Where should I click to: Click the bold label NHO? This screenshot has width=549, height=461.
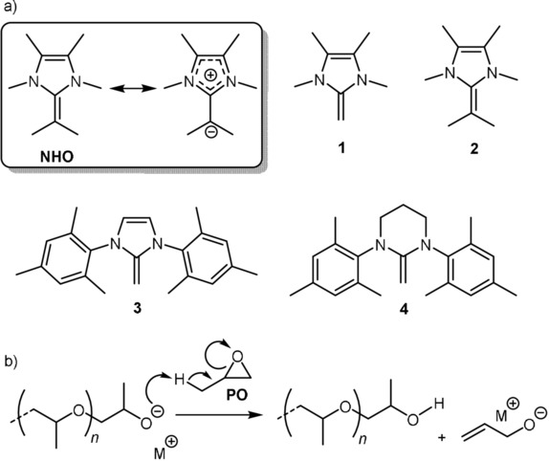pyautogui.click(x=57, y=157)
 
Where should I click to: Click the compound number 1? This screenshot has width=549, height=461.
pyautogui.click(x=341, y=148)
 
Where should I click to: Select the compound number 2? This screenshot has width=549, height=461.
pyautogui.click(x=474, y=148)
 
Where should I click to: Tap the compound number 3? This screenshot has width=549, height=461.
pyautogui.click(x=138, y=308)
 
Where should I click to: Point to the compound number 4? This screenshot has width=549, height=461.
pyautogui.click(x=404, y=309)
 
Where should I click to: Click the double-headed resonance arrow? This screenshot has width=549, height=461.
pyautogui.click(x=133, y=89)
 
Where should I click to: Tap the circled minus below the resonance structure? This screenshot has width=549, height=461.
pyautogui.click(x=210, y=132)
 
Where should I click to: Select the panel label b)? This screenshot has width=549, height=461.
pyautogui.click(x=11, y=361)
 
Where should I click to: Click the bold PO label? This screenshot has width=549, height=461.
pyautogui.click(x=237, y=395)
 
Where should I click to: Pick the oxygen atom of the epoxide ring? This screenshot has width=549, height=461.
pyautogui.click(x=238, y=357)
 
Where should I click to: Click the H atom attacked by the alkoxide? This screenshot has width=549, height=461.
pyautogui.click(x=179, y=379)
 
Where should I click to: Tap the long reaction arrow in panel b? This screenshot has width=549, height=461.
pyautogui.click(x=220, y=415)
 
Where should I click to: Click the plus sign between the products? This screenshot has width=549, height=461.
pyautogui.click(x=442, y=437)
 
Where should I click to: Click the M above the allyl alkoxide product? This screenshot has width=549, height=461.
pyautogui.click(x=502, y=417)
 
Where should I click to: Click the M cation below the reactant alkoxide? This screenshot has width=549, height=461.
pyautogui.click(x=161, y=454)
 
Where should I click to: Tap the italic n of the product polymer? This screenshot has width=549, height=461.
pyautogui.click(x=362, y=439)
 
